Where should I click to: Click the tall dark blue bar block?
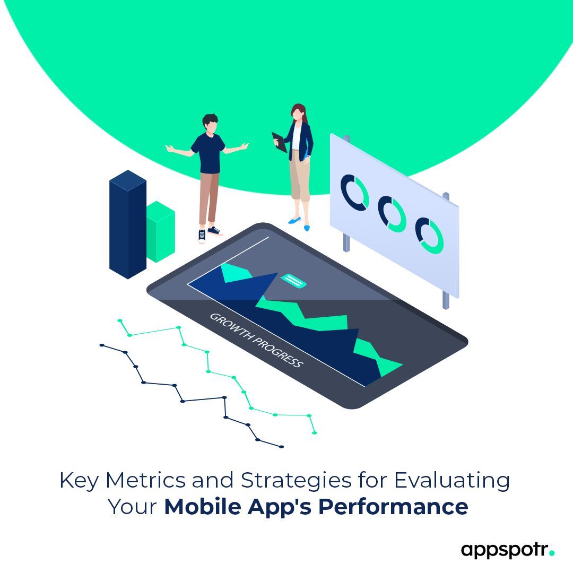pyautogui.click(x=127, y=225)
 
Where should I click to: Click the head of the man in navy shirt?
pyautogui.click(x=210, y=125)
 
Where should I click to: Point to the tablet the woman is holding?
pyautogui.click(x=279, y=142)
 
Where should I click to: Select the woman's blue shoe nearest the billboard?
pyautogui.click(x=307, y=227)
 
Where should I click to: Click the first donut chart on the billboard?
pyautogui.click(x=355, y=192)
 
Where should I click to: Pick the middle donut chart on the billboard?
pyautogui.click(x=392, y=214)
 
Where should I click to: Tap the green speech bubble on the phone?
pyautogui.click(x=293, y=281)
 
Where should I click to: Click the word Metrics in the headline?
pyautogui.click(x=145, y=481)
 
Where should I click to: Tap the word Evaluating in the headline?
pyautogui.click(x=452, y=481)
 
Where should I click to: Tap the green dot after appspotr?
pyautogui.click(x=552, y=553)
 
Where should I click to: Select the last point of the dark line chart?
pyautogui.click(x=281, y=447)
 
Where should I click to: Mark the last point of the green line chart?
pyautogui.click(x=315, y=433)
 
